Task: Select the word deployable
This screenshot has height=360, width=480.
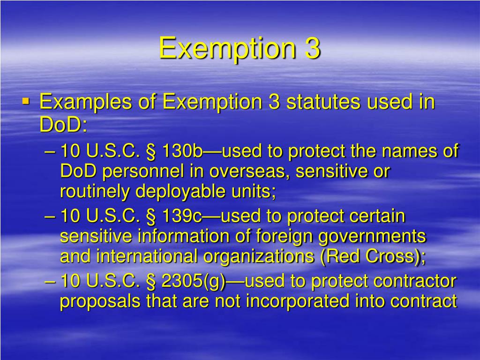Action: tap(189, 192)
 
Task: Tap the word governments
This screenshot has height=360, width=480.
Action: tap(372, 237)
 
